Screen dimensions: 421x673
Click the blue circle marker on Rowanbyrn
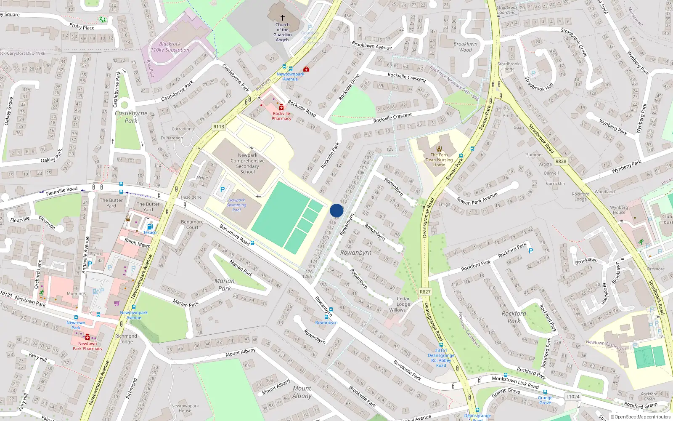tap(336, 210)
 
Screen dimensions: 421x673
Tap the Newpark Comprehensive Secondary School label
tap(247, 163)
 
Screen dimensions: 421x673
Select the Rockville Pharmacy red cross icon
tap(281, 107)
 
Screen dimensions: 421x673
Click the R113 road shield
tap(219, 127)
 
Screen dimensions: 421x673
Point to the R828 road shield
tap(561, 161)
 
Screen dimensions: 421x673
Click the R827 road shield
tap(425, 292)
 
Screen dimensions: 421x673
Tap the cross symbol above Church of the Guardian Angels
tap(283, 18)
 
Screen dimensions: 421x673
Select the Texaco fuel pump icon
tap(149, 226)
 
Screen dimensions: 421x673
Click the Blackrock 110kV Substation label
tap(170, 47)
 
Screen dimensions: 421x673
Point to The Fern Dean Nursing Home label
tap(439, 160)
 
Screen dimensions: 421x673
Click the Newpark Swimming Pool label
tap(236, 205)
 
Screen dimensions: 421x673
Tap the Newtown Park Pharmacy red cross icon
tap(87, 337)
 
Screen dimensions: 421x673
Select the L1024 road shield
tap(572, 397)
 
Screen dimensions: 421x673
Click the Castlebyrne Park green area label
tap(131, 117)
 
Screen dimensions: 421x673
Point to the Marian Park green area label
tap(225, 285)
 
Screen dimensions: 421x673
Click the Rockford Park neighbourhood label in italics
tap(514, 317)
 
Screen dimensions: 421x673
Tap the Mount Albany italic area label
tap(302, 392)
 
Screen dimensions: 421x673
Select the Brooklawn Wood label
tap(465, 47)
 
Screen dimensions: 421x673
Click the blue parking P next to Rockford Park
tap(531, 251)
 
